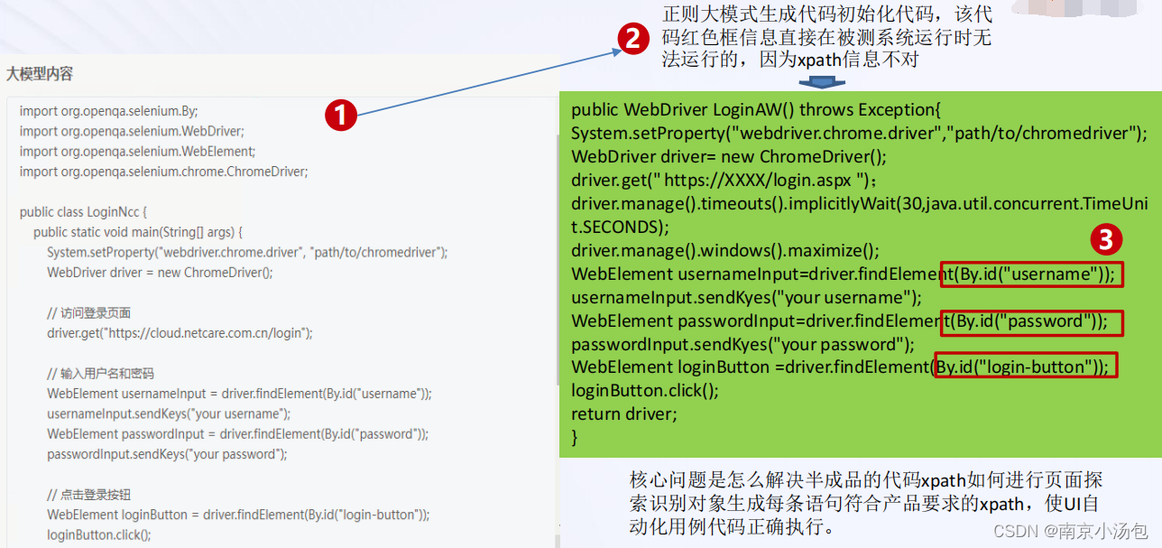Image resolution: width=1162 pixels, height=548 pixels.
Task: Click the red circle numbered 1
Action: click(341, 115)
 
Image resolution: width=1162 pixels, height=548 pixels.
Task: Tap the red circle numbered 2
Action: click(632, 38)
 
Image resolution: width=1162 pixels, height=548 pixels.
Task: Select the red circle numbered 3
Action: click(1106, 239)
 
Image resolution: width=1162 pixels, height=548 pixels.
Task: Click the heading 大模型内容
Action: click(40, 74)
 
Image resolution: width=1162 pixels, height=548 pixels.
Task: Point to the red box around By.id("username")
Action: click(1031, 274)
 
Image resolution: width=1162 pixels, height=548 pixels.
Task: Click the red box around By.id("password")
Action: click(1031, 321)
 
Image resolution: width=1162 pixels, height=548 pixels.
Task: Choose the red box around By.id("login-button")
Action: click(1026, 366)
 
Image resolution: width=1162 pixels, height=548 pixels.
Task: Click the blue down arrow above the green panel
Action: click(820, 82)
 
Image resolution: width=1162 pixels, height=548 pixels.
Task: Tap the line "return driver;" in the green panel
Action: click(623, 414)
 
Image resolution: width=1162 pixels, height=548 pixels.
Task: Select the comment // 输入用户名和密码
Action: click(100, 374)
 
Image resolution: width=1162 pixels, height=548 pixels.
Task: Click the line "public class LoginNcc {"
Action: click(83, 212)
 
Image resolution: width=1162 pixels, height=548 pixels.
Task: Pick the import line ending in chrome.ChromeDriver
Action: click(163, 171)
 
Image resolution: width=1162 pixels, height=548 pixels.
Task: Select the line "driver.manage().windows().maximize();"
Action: click(724, 250)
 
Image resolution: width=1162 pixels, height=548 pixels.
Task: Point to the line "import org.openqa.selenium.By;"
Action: click(108, 110)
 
